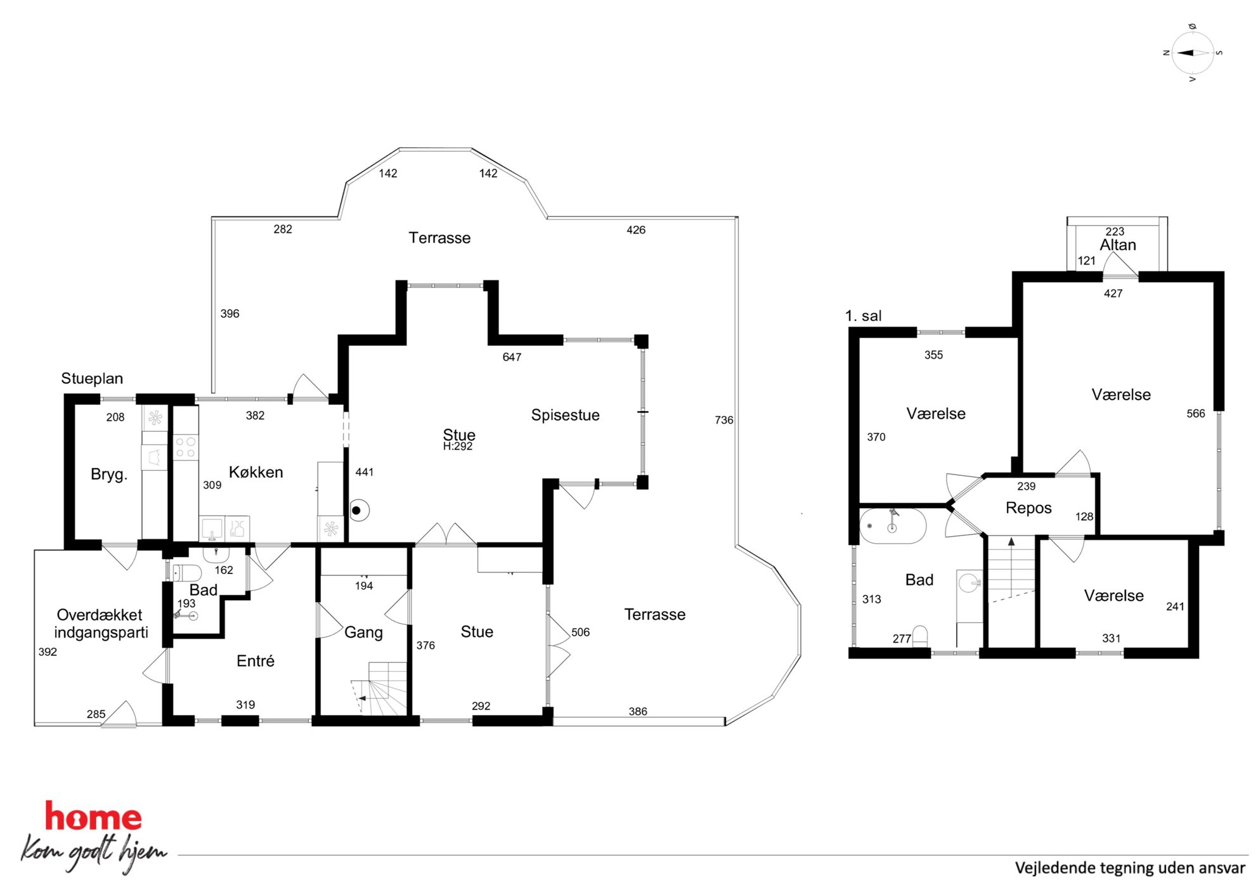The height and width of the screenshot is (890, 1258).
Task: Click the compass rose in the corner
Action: click(x=1192, y=53)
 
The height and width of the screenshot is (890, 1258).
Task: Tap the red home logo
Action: click(x=93, y=816)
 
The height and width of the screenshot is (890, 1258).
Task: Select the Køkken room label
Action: click(x=256, y=472)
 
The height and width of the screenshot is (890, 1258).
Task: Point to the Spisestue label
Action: click(x=565, y=415)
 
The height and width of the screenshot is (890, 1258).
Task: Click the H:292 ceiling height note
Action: click(x=458, y=447)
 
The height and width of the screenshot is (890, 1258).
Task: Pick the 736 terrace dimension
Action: click(x=723, y=420)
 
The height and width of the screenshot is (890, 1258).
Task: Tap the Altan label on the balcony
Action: click(x=1117, y=245)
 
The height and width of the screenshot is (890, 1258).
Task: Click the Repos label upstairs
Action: click(x=1028, y=508)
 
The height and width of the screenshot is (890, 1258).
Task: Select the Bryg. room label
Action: click(x=109, y=474)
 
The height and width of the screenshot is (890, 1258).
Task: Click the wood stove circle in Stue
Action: click(x=359, y=510)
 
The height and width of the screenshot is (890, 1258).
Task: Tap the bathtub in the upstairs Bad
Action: click(x=893, y=526)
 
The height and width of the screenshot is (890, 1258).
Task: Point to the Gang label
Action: click(x=363, y=632)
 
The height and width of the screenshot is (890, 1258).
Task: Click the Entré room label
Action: click(x=256, y=661)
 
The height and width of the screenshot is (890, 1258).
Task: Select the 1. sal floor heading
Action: click(x=863, y=316)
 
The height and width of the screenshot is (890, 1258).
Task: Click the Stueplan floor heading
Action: click(x=92, y=379)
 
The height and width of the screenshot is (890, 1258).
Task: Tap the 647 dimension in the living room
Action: click(x=512, y=357)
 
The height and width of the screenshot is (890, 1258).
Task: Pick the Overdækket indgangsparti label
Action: click(x=101, y=624)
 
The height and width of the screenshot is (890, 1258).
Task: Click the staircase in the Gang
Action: click(x=379, y=689)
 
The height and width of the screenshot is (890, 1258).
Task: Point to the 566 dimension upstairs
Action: click(x=1195, y=414)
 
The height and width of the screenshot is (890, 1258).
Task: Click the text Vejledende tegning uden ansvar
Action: click(x=1130, y=868)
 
